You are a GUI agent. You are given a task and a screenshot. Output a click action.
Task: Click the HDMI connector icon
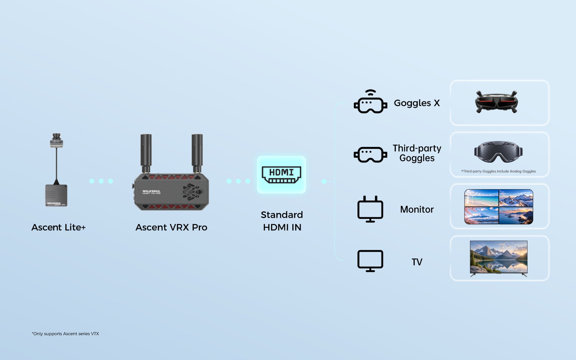[281, 175]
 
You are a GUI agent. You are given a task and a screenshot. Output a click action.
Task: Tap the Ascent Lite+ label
[59, 227]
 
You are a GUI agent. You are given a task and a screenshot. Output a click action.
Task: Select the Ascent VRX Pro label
[171, 227]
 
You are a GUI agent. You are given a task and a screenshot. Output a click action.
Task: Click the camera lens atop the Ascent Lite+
[56, 140]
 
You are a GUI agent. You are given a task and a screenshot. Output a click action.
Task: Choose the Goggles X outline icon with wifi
[370, 101]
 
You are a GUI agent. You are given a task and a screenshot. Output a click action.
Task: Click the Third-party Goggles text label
[417, 153]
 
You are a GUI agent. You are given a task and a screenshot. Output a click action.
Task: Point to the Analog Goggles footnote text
[498, 171]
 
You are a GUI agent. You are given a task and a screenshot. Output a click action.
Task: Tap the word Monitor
[417, 209]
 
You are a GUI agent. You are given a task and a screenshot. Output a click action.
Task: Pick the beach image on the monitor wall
[482, 198]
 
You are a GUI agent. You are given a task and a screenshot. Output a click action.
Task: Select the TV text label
[417, 262]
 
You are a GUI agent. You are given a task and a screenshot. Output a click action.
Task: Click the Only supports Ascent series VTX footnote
[65, 334]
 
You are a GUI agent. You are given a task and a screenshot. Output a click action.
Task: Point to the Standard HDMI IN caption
[282, 221]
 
